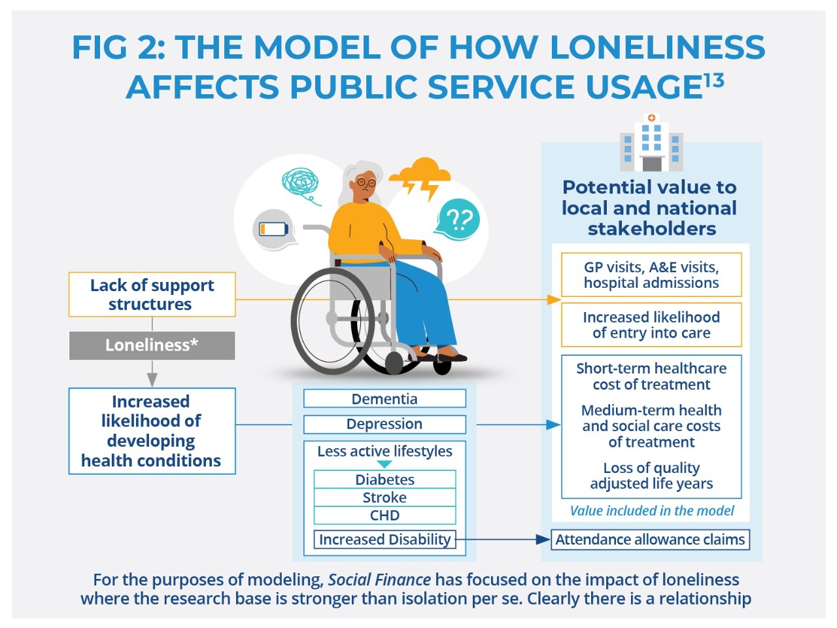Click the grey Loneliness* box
tap(152, 345)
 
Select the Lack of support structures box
tap(152, 294)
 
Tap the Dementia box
tap(384, 398)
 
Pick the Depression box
tap(384, 424)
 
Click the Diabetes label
tap(384, 480)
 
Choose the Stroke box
tap(384, 497)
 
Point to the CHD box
tap(384, 515)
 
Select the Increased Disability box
tap(384, 540)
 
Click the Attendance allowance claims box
tap(650, 540)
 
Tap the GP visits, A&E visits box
tap(651, 275)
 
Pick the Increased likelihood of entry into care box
tap(651, 325)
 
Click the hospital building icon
tap(651, 142)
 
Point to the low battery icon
tap(274, 230)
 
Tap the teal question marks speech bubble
tap(457, 220)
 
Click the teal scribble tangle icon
tap(301, 185)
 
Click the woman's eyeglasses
tap(366, 183)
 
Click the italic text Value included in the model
tap(651, 510)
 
